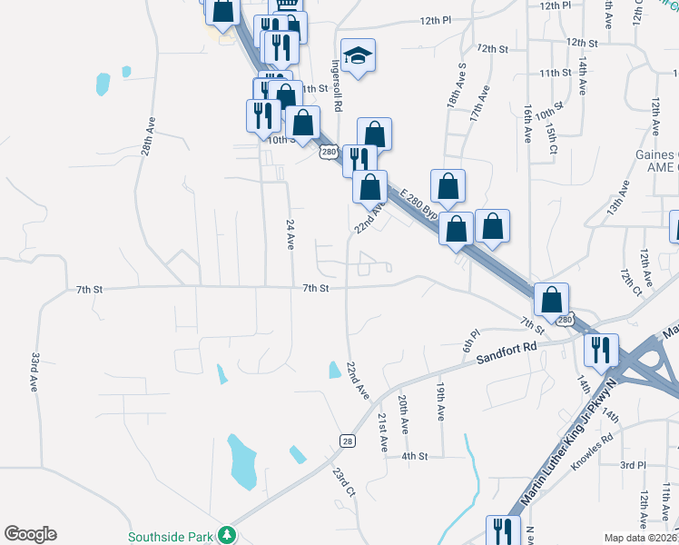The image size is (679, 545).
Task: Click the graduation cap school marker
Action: tap(359, 56)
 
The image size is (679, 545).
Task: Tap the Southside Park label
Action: tap(175, 537)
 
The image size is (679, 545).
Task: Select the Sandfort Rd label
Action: tap(506, 352)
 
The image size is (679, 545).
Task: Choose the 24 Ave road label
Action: tap(290, 235)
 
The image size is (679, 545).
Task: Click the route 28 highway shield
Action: tap(348, 441)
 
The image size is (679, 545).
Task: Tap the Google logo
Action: tap(30, 534)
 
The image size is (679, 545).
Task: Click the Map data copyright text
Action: tap(639, 538)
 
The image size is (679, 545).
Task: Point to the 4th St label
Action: tap(414, 455)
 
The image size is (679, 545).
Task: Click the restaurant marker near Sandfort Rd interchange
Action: tap(600, 350)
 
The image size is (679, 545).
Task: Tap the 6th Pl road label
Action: tap(469, 342)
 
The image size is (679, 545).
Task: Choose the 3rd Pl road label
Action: tap(633, 464)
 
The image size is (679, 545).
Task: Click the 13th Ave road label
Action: tap(618, 196)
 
